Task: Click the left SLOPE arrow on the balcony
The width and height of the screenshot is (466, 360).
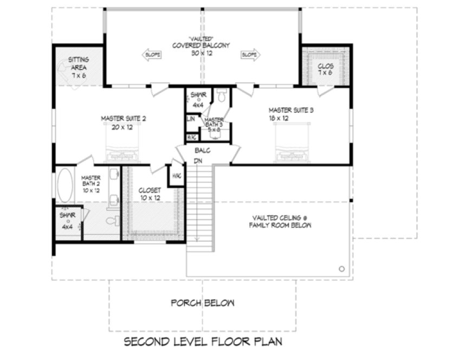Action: point(152,55)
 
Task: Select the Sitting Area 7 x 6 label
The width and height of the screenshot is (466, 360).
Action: point(79,67)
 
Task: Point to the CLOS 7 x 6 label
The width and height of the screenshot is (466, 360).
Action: point(326,69)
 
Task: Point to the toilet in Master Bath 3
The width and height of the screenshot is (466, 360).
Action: point(221,97)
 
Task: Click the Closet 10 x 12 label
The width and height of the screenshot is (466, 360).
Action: point(150,194)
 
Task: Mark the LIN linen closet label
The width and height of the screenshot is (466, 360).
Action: point(191,118)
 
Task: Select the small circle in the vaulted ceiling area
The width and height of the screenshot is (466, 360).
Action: point(341,268)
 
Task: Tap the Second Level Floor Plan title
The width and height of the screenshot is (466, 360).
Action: point(203,342)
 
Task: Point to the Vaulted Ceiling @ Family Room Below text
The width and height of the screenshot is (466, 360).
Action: point(280,221)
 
